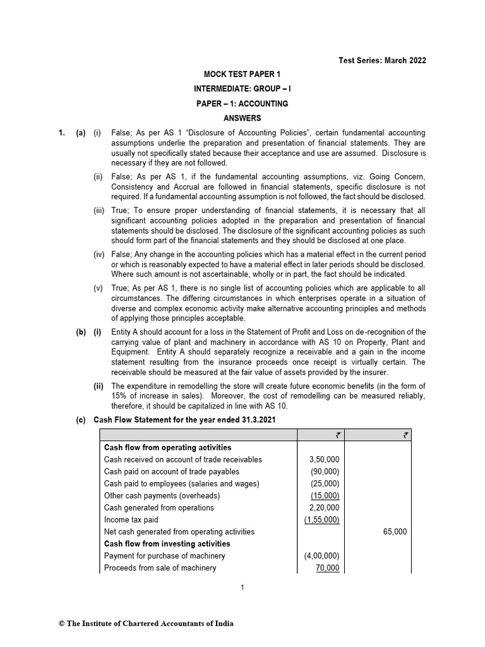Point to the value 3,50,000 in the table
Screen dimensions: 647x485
[x=322, y=459]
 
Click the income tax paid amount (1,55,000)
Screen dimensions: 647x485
[x=322, y=519]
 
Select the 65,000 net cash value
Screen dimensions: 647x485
[x=395, y=532]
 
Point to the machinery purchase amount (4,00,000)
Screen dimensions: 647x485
[x=322, y=556]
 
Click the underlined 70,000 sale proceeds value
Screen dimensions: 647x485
[x=327, y=568]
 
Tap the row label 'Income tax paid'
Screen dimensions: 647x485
[x=130, y=519]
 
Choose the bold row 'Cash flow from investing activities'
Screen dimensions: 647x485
[x=167, y=544]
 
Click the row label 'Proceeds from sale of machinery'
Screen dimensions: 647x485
[x=160, y=568]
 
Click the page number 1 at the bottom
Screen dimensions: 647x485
[x=242, y=588]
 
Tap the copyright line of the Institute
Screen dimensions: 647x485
[x=146, y=624]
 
